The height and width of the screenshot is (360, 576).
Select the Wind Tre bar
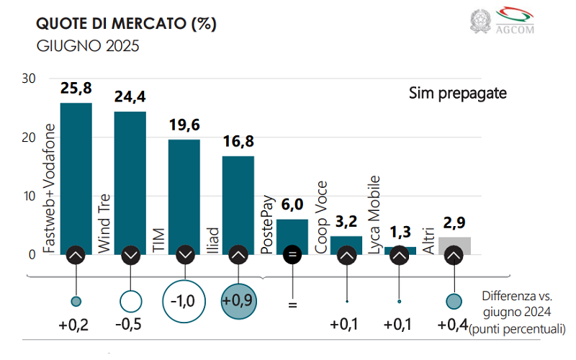tap(130, 180)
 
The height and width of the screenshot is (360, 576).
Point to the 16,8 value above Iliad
tap(238, 143)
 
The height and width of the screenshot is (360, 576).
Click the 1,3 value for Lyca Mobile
tap(400, 233)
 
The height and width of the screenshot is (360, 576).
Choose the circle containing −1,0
tap(184, 300)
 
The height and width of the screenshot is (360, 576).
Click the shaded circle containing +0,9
tap(238, 300)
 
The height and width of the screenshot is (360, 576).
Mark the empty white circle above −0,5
tap(130, 300)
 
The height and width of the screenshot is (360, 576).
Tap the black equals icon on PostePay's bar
tap(292, 255)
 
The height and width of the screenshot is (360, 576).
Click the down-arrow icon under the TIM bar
tap(184, 255)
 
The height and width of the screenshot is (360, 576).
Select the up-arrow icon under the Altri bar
tap(454, 255)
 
